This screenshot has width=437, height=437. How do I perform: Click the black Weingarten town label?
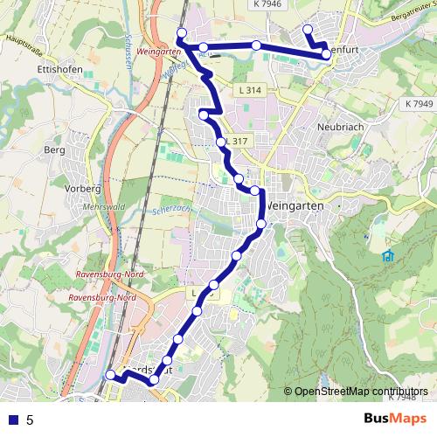pos(295,204)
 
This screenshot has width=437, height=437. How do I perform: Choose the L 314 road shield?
pos(250,90)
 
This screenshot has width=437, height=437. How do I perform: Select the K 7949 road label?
pos(419,104)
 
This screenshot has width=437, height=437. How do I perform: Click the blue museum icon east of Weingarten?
pos(387,256)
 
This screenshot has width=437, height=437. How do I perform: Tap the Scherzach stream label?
pos(169,211)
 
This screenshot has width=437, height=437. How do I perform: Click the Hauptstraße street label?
pos(25,38)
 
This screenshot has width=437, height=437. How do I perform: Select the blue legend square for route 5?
pos(15,420)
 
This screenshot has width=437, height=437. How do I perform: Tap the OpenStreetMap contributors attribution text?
pos(360,391)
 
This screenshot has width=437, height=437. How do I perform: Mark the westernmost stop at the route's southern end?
pos(110,375)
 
